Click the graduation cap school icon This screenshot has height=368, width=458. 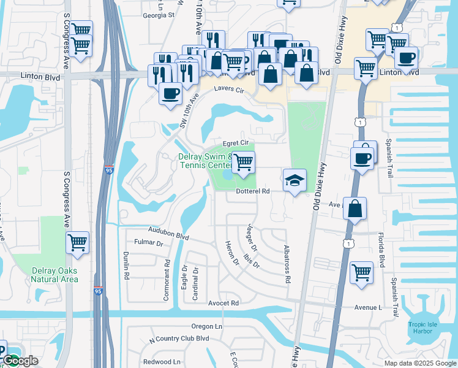pos(295,180)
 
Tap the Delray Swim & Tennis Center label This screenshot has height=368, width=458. pos(205,161)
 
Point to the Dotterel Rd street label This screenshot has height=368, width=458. pos(253,191)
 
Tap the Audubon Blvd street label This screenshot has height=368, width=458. pos(168,233)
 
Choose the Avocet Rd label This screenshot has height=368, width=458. pos(223,303)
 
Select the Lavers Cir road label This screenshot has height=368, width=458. pos(229,90)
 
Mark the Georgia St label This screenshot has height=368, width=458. pos(159,14)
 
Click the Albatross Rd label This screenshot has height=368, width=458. pos(287,264)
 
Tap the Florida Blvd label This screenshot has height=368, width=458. pos(380,253)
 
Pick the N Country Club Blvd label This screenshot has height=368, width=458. pos(179,339)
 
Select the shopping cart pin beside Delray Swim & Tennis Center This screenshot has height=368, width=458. pos(244,162)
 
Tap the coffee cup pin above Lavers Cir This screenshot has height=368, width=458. pos(170,93)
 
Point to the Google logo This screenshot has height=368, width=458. pos(20,360)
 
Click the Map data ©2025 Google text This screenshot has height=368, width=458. pos(420,363)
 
